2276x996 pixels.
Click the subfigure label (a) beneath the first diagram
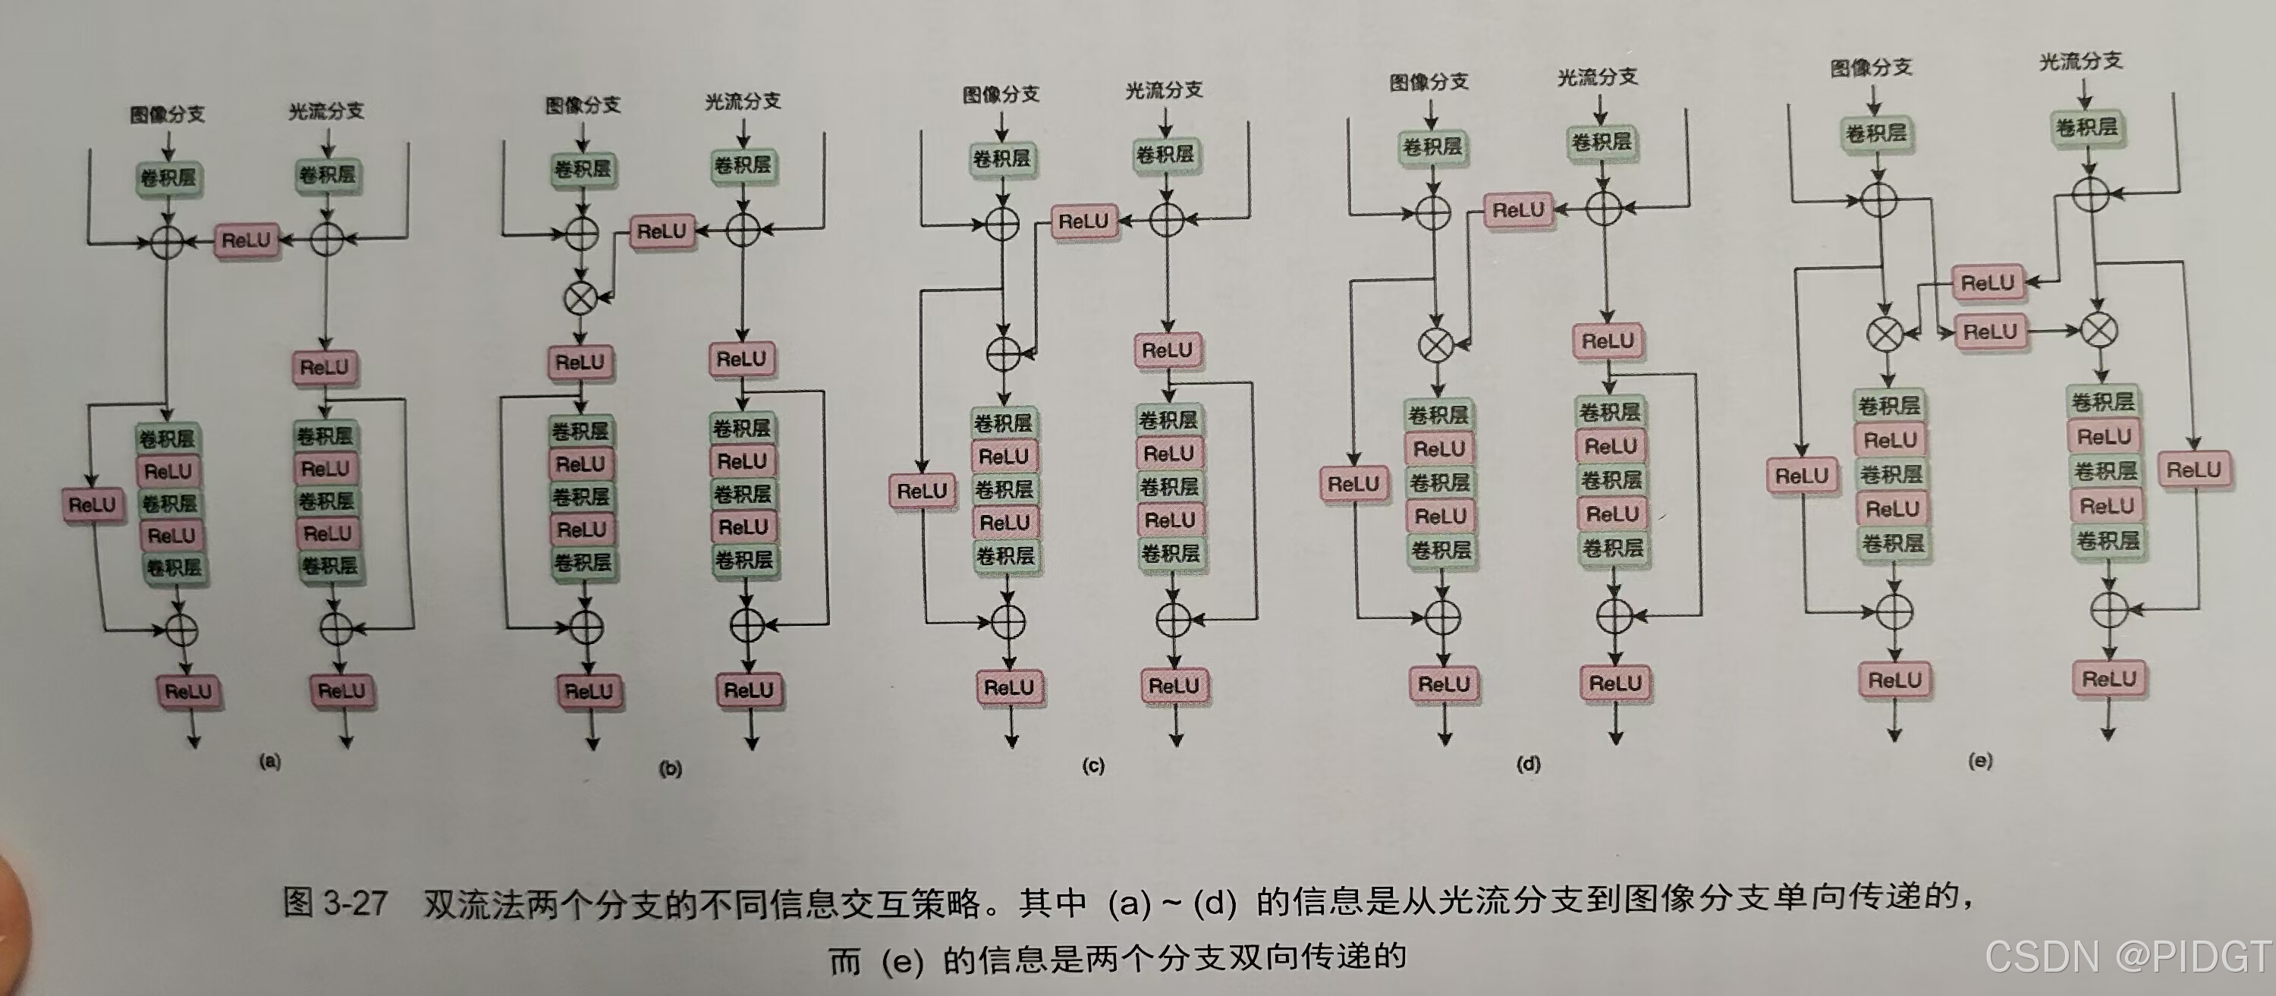coord(269,762)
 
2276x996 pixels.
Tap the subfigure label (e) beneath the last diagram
coord(1980,761)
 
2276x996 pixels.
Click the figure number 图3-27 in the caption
coord(335,903)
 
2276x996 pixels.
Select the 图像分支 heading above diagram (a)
coord(167,114)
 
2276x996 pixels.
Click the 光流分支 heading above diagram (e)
coord(2081,61)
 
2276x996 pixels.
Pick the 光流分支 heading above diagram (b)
coord(742,102)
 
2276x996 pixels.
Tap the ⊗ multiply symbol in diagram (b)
coord(580,299)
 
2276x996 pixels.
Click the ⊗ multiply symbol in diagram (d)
coord(1435,344)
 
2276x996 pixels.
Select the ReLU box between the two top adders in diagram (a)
coord(247,240)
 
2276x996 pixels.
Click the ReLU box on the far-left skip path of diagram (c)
coord(922,492)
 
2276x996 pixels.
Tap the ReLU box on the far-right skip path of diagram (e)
coord(2193,470)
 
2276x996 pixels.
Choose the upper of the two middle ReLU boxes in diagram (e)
coord(1987,283)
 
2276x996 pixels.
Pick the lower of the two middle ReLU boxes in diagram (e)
coord(1990,332)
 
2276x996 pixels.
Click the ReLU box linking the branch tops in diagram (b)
coord(662,231)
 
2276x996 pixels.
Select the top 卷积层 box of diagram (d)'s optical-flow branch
coord(1601,141)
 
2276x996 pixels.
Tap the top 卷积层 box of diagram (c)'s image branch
coord(1001,159)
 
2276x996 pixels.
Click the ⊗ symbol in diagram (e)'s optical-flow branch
coord(2098,331)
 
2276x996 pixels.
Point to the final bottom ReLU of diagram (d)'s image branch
coord(1444,684)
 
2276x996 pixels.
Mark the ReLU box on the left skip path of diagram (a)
coord(92,504)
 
